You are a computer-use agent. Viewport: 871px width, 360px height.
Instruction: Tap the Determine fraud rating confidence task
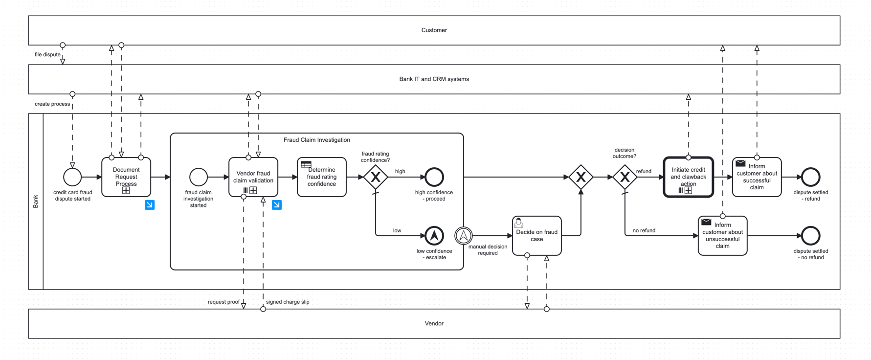[321, 177]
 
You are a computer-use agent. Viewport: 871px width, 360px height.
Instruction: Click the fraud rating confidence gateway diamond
[375, 177]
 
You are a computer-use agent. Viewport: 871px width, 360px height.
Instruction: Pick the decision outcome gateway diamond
[625, 177]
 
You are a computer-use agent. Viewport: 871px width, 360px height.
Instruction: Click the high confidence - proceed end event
[434, 177]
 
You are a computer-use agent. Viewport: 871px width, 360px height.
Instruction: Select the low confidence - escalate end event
[434, 236]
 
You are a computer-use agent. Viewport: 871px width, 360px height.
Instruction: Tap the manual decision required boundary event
[463, 236]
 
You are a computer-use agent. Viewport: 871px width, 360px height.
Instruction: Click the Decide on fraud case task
[536, 236]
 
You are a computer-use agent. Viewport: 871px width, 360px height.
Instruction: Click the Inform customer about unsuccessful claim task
[722, 236]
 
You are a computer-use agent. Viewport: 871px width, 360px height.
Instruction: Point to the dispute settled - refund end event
[810, 177]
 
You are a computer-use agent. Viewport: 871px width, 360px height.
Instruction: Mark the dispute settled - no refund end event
[810, 236]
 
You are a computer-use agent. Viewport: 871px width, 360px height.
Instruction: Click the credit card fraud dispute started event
[72, 177]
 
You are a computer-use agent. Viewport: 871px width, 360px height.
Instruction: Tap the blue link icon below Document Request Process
[150, 205]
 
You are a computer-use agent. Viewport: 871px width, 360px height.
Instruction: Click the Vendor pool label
[434, 323]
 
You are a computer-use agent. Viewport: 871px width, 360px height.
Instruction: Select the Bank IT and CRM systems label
[434, 79]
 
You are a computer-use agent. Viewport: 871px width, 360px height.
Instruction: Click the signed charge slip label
[288, 302]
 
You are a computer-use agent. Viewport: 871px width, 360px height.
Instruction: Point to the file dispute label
[47, 54]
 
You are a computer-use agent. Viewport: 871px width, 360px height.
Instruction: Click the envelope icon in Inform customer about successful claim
[740, 163]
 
